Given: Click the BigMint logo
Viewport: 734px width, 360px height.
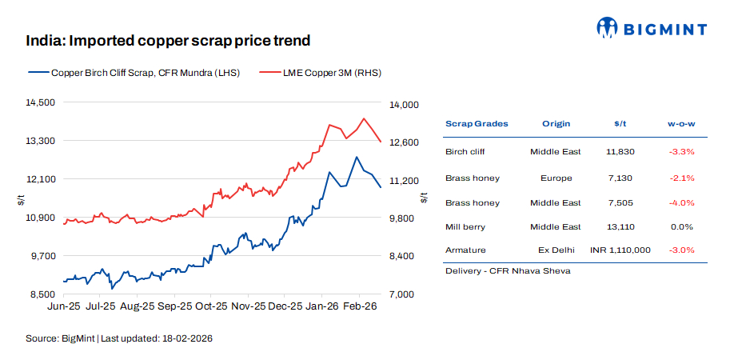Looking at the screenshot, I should click(x=652, y=29).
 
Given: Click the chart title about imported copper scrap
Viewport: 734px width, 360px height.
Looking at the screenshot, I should click(x=168, y=40).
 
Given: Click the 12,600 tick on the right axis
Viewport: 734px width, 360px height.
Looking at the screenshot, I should click(x=404, y=142).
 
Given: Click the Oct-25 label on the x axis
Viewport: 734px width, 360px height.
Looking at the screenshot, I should click(x=212, y=306).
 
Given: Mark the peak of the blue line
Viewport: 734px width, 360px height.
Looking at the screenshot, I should click(x=357, y=157).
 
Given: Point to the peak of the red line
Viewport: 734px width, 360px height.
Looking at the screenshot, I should click(x=364, y=118).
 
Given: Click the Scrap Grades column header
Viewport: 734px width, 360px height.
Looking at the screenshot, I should click(x=477, y=124).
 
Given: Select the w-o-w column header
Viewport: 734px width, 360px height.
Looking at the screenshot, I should click(x=681, y=124).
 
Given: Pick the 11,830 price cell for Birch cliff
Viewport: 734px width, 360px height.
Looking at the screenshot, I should click(x=620, y=151).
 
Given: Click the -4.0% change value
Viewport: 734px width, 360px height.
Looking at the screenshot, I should click(x=681, y=202).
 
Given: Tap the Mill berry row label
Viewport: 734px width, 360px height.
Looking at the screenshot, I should click(x=465, y=227).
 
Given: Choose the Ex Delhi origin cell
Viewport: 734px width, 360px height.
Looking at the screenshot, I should click(x=556, y=250).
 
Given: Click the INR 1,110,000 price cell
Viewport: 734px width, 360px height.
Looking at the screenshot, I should click(x=620, y=250).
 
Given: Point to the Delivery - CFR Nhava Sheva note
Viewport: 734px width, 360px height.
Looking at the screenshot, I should click(x=507, y=271).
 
